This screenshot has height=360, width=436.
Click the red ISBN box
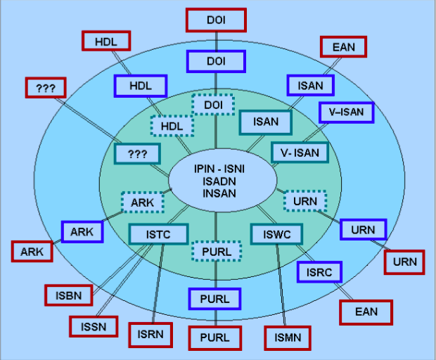pos(69,296)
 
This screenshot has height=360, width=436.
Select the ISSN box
pos(94,326)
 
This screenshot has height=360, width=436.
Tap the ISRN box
pos(150,335)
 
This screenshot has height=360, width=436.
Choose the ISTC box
pos(159,234)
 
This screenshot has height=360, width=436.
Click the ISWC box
pos(276,234)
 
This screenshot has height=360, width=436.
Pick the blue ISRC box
pos(319,272)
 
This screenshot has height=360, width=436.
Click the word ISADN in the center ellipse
pos(216,181)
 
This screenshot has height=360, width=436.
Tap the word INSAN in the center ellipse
pos(217,193)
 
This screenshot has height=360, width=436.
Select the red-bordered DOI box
pos(216,20)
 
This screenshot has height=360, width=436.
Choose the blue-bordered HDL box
pos(141,86)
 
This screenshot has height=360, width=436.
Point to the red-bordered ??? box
pos(45,89)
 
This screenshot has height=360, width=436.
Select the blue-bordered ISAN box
pos(310,86)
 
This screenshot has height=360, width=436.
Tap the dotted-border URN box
pos(305,202)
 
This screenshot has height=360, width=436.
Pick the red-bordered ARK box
pos(32,252)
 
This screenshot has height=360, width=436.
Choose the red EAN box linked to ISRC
pos(366,312)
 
